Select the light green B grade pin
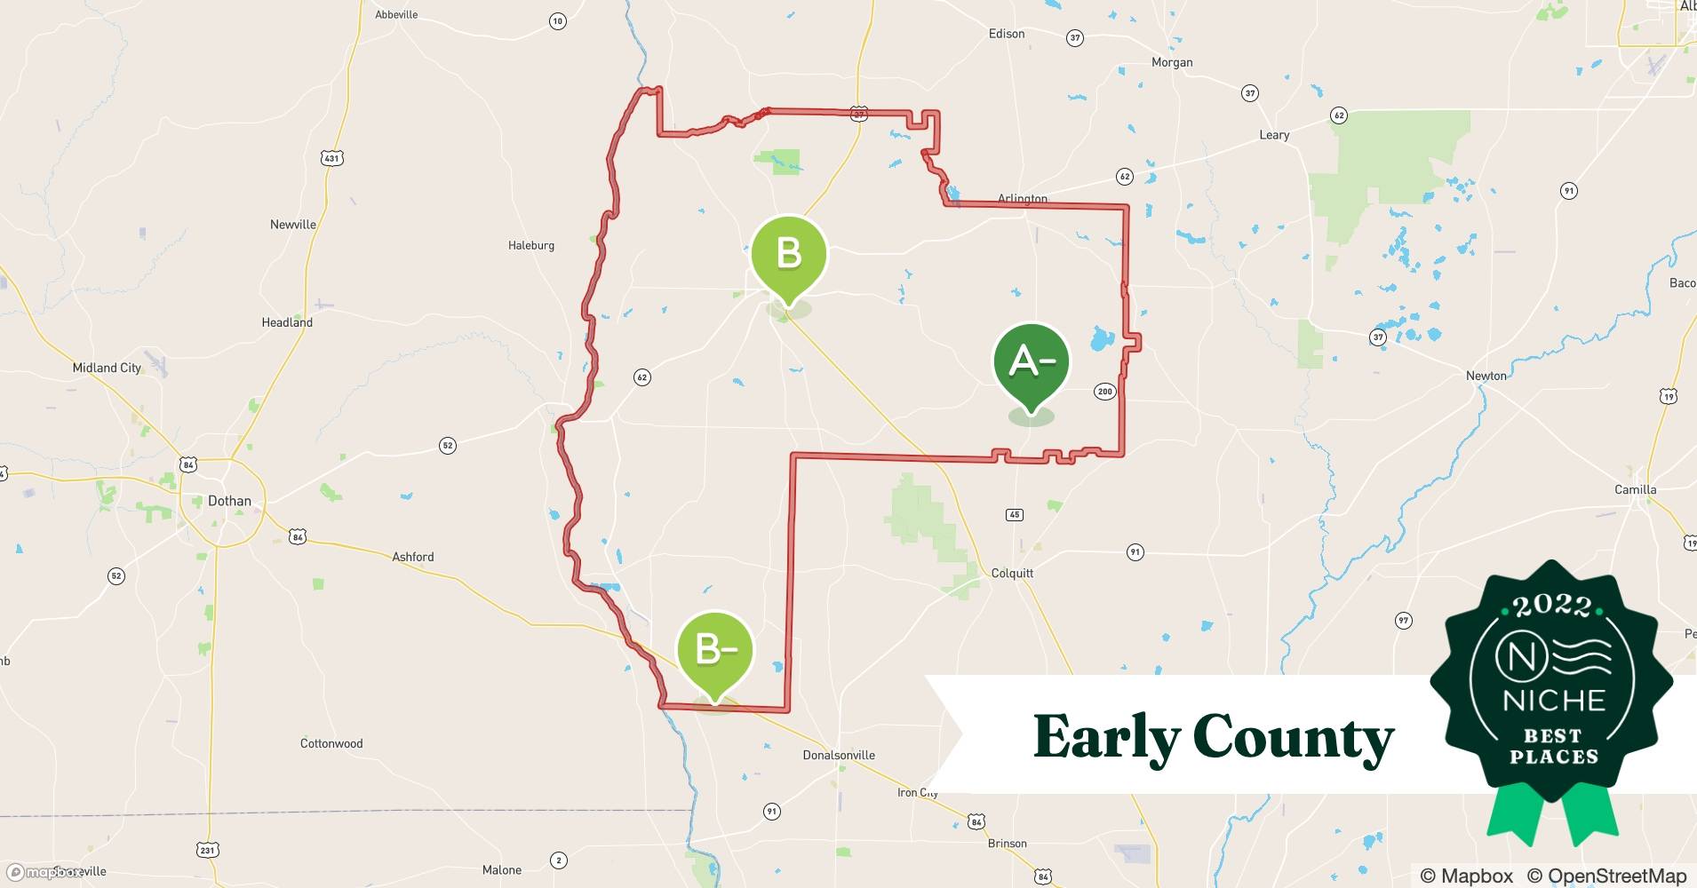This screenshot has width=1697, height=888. [789, 256]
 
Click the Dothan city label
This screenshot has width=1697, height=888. [229, 501]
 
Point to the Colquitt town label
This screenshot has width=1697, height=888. [1012, 573]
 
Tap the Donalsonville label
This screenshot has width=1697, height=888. [839, 755]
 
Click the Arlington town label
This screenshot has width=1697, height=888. [1022, 199]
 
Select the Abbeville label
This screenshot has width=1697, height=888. [396, 14]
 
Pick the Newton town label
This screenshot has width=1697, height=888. [1486, 376]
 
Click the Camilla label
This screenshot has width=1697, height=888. [1635, 489]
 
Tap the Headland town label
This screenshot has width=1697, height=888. [287, 322]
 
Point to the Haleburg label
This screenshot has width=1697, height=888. [531, 245]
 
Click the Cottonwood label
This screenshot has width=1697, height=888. [331, 743]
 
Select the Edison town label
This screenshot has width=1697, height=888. [1006, 34]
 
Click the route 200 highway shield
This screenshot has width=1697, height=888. [1104, 392]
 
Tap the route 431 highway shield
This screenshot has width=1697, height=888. [331, 158]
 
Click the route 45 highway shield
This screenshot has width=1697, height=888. [1015, 514]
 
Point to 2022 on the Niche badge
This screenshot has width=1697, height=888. [1551, 606]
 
